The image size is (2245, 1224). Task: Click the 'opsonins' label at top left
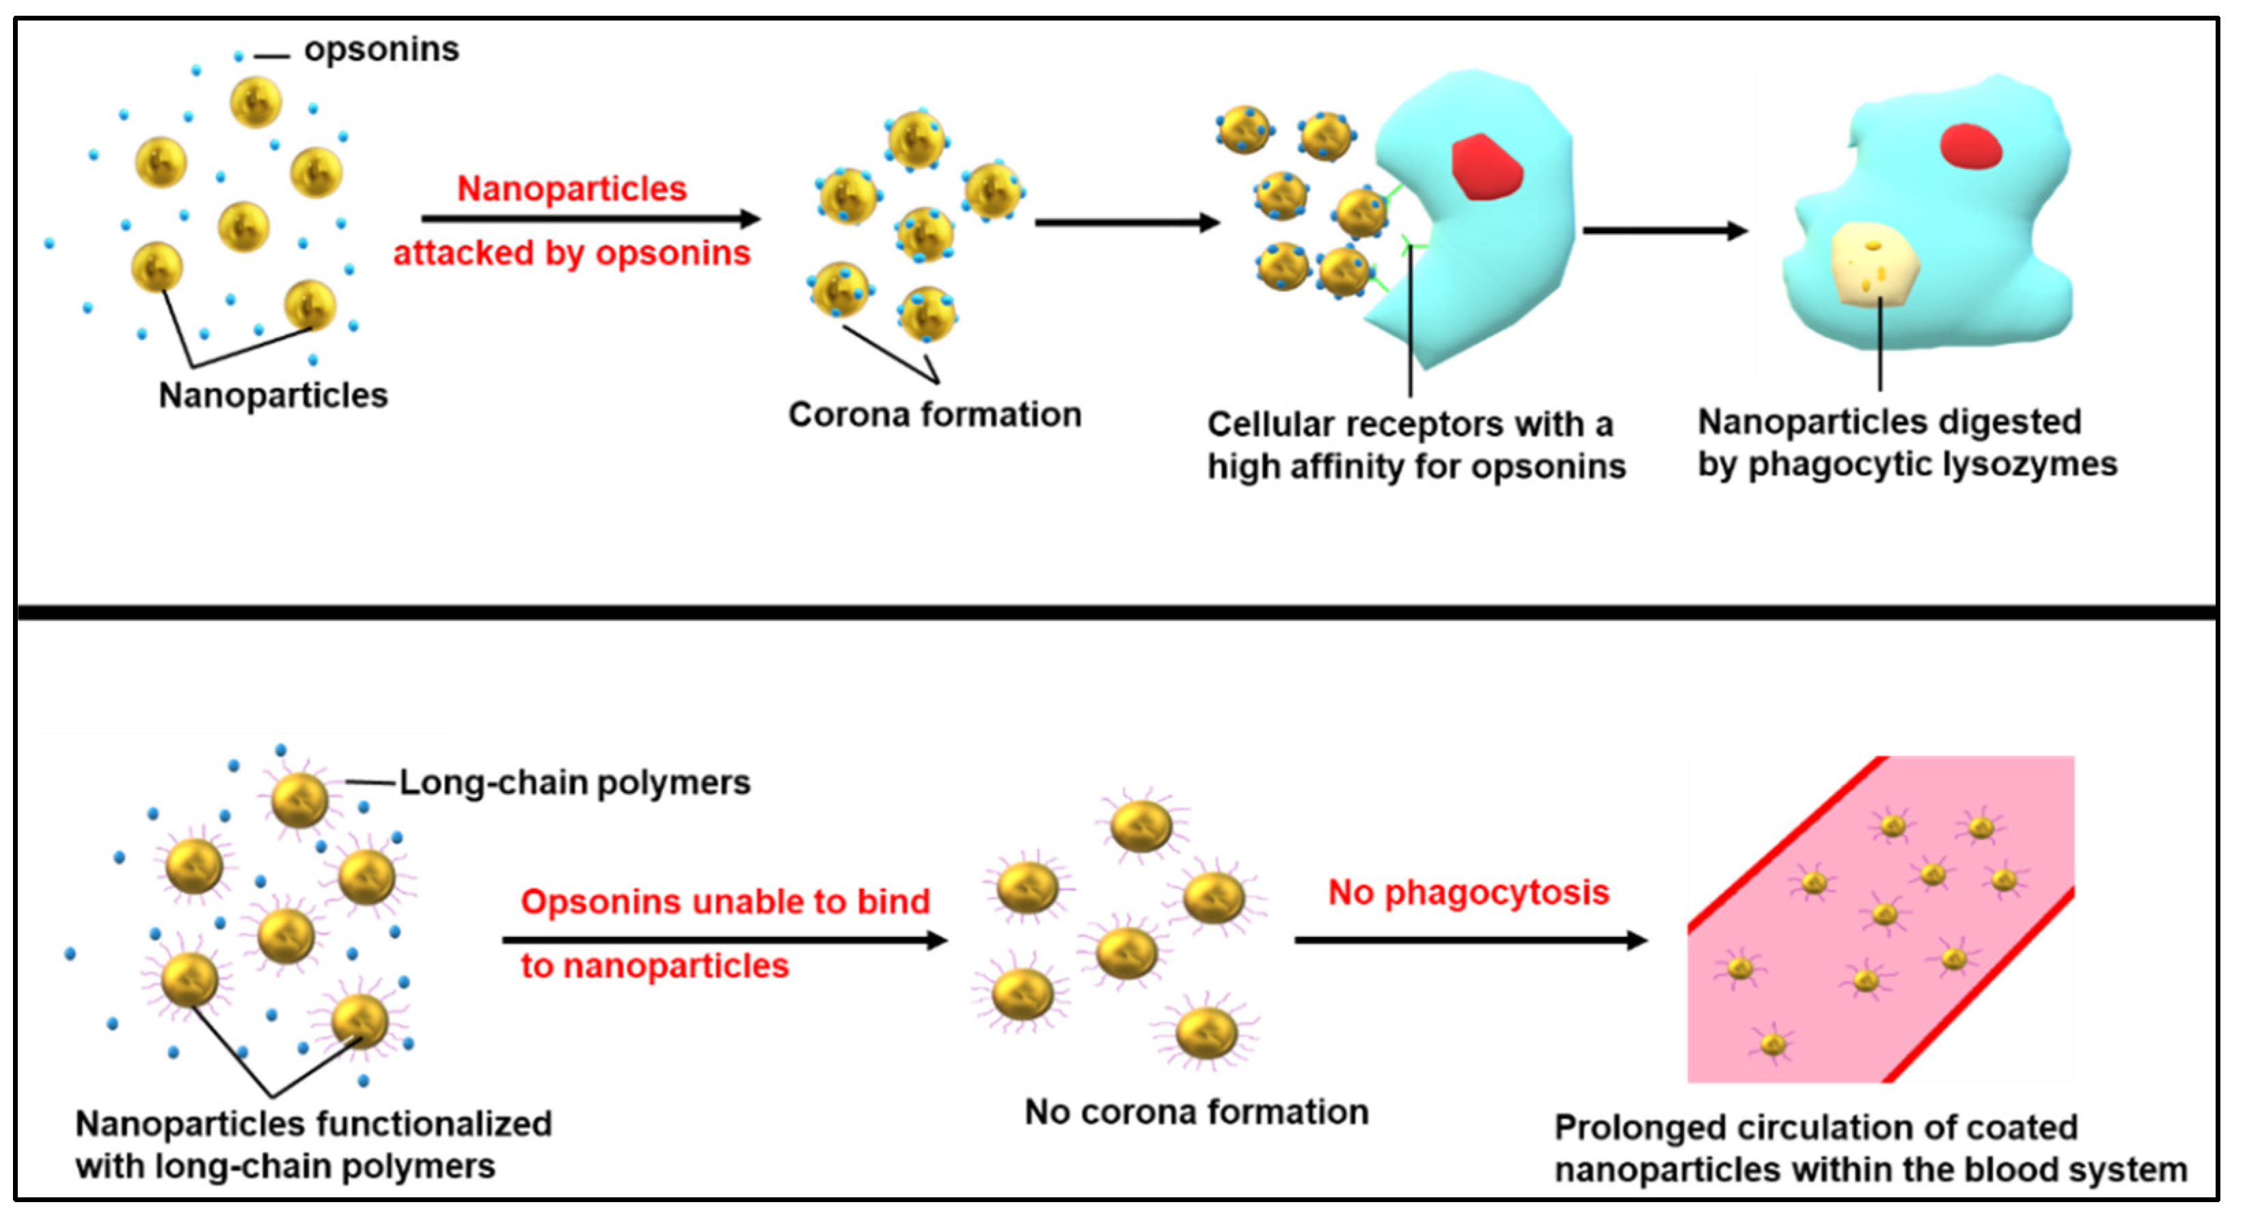point(381,50)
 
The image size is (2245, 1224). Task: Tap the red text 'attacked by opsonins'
point(572,254)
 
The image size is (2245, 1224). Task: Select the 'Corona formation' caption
point(934,415)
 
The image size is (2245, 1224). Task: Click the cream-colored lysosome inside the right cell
point(1874,264)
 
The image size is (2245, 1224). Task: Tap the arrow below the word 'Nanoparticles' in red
point(591,219)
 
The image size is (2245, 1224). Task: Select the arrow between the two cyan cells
point(1665,231)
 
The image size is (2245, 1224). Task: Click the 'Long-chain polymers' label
point(574,783)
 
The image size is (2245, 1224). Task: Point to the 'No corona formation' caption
point(1196,1113)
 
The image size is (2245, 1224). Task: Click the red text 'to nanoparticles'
point(655,966)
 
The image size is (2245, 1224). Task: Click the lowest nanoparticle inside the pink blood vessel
point(1773,1043)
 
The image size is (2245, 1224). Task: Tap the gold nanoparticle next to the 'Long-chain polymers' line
point(299,800)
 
